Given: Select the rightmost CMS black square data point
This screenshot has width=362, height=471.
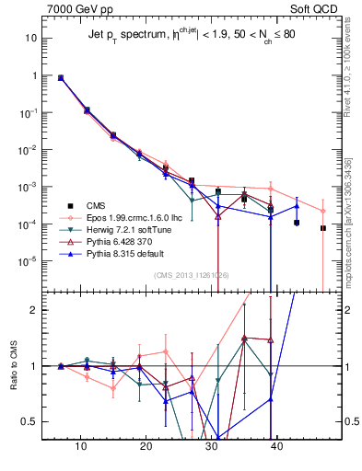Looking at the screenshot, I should [x=323, y=228].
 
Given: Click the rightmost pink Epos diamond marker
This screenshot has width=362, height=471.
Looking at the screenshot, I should [x=323, y=210].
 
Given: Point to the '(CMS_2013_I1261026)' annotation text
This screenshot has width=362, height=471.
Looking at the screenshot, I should [x=191, y=275].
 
